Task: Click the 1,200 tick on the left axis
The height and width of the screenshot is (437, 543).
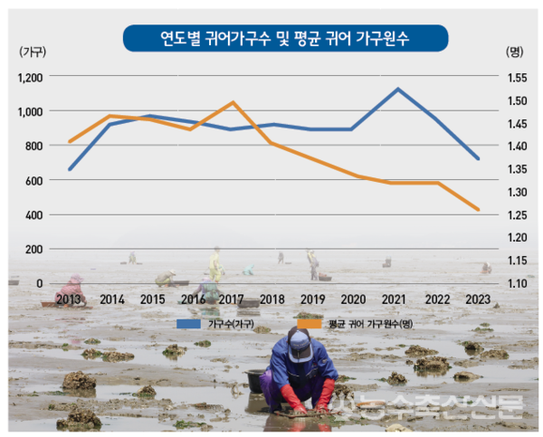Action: pos(30,77)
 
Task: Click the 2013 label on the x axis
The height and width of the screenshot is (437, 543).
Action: pos(71,299)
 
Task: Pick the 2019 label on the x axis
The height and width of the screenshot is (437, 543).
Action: pos(313,299)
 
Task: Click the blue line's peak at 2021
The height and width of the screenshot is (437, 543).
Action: pos(396,89)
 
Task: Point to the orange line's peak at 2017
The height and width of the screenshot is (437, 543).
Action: pos(233,102)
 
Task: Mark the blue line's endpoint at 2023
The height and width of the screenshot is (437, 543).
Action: pos(479,158)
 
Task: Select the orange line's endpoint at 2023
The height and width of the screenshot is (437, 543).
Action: pos(479,210)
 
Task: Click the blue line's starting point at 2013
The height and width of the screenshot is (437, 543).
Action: pos(71,169)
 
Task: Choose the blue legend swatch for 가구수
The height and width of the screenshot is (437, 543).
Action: pos(188,323)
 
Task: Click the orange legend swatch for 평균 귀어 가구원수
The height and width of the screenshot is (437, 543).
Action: pos(309,323)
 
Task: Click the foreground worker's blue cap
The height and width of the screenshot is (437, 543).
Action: pos(300,341)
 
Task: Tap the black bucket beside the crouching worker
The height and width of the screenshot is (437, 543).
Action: pos(257,380)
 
